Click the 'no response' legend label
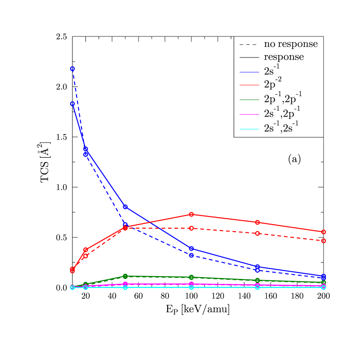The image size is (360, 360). click(x=291, y=45)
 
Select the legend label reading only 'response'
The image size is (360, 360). click(x=284, y=57)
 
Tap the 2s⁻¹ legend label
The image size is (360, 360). click(x=272, y=70)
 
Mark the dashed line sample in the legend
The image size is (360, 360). click(x=249, y=45)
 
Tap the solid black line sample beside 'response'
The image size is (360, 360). click(x=249, y=57)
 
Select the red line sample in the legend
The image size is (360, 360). click(x=249, y=85)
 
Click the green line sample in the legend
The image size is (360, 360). click(x=249, y=99)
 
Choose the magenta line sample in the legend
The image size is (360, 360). click(x=249, y=114)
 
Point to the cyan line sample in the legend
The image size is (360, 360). click(x=249, y=129)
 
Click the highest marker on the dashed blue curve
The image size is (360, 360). click(x=72, y=69)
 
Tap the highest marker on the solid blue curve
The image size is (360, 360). click(x=72, y=103)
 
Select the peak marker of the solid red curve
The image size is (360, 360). click(x=191, y=214)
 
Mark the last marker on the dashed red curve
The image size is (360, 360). click(x=324, y=241)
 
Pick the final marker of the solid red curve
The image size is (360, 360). click(x=324, y=232)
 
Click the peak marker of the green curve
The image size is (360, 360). click(x=125, y=276)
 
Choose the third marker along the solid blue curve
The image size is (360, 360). click(x=125, y=207)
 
